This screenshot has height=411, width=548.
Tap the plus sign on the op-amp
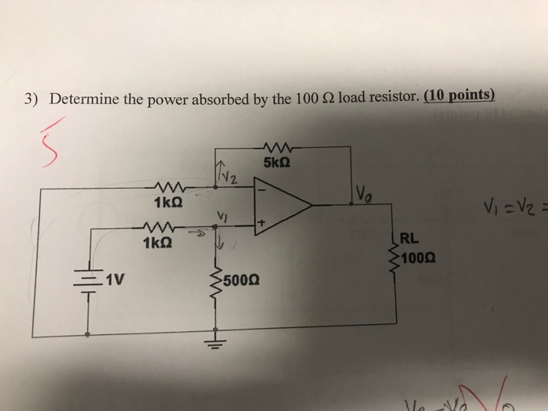point(262,225)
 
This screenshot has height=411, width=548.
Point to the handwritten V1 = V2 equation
point(521,210)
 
